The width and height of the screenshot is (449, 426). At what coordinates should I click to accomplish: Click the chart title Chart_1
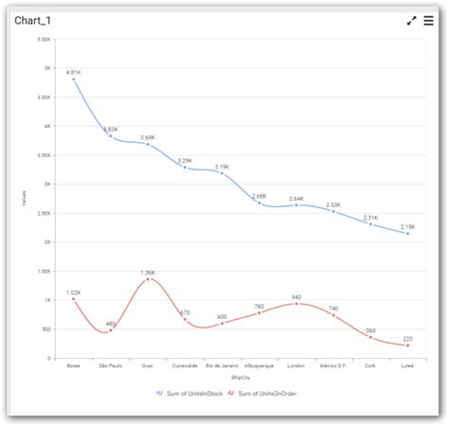(x=34, y=20)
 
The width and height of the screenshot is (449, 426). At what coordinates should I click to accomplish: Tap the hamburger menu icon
(x=428, y=20)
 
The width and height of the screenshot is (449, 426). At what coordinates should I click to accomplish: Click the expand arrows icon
(x=411, y=20)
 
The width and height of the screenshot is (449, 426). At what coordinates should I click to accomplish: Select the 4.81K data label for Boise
(x=74, y=72)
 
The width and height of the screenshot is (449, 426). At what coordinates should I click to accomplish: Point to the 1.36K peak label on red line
(x=148, y=273)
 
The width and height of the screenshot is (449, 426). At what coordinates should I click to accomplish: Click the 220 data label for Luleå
(x=407, y=338)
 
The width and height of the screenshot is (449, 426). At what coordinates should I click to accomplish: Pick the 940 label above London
(x=296, y=297)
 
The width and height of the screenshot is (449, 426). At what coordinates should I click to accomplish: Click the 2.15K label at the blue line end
(x=407, y=226)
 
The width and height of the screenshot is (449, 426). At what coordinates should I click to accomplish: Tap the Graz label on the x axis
(x=148, y=364)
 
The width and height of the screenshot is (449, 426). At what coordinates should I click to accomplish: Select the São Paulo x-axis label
(x=111, y=364)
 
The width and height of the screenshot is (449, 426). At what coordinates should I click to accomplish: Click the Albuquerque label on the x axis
(x=259, y=364)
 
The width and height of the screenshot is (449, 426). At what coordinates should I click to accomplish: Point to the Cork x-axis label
(x=370, y=364)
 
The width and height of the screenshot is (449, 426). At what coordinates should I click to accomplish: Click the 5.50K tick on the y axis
(x=44, y=39)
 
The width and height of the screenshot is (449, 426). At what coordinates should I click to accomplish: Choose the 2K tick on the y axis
(x=47, y=241)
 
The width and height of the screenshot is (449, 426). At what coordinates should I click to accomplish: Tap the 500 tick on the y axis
(x=45, y=328)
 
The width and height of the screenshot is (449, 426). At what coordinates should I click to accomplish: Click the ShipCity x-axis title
(x=240, y=376)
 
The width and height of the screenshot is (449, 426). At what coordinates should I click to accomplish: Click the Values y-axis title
(x=25, y=199)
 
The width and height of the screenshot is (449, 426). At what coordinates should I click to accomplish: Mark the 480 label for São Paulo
(x=111, y=324)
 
